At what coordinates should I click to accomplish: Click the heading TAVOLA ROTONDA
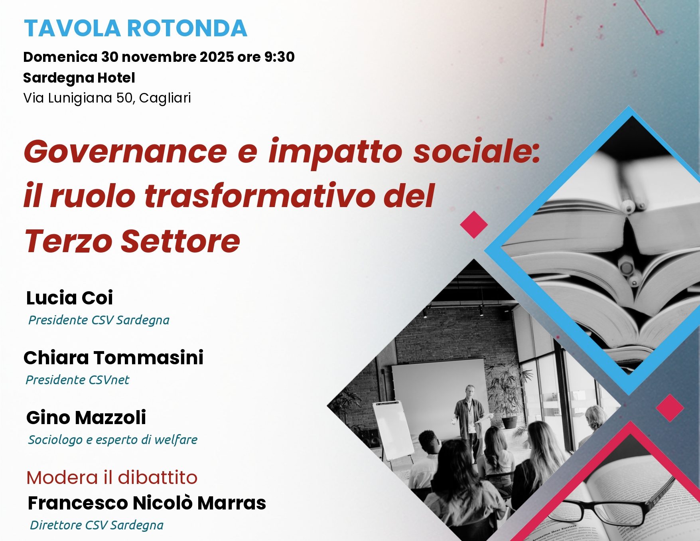[x=136, y=28]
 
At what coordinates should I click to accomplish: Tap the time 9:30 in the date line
[x=279, y=57]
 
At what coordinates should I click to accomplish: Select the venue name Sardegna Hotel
[x=79, y=78]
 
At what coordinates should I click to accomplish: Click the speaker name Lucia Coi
[x=69, y=298]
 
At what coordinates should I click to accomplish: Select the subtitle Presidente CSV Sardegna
[x=99, y=320]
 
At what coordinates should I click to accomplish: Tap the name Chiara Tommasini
[x=114, y=357]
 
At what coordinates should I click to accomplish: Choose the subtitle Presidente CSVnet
[x=77, y=380]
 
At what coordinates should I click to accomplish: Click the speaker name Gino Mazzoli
[x=86, y=418]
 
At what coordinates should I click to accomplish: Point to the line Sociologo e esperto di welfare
[x=113, y=440]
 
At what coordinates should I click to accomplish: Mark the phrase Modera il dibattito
[x=112, y=478]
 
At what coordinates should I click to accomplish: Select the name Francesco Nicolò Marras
[x=147, y=503]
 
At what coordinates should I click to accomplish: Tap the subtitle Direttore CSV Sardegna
[x=97, y=525]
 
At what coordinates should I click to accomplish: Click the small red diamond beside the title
[x=474, y=225]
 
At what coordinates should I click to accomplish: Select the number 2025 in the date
[x=217, y=57]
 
